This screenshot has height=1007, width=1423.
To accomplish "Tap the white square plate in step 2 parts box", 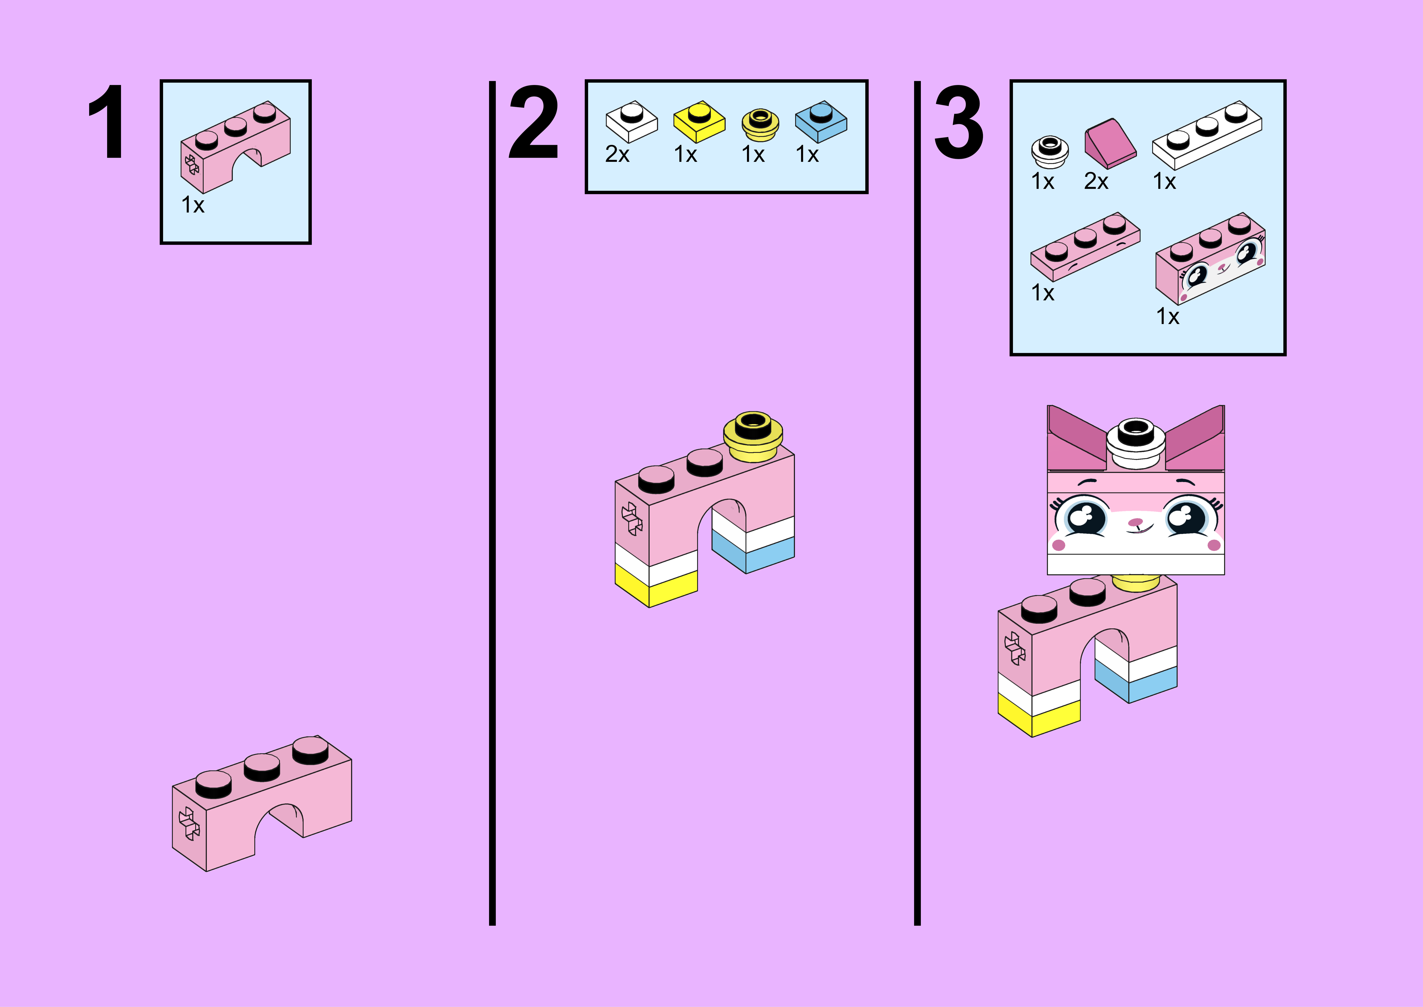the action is click(x=631, y=122).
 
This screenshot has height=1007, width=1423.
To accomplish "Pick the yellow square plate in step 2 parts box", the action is click(x=699, y=122).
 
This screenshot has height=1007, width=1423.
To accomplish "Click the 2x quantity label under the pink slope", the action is click(x=1096, y=182).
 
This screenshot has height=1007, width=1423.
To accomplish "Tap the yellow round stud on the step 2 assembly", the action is click(x=753, y=437).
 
